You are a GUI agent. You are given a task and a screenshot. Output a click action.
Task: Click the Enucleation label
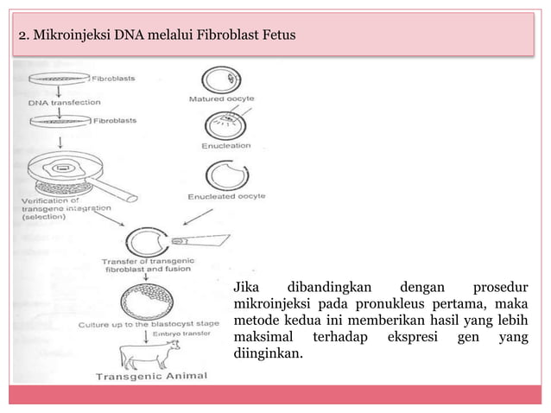(225, 145)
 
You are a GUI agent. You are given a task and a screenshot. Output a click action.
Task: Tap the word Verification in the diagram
(42, 200)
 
